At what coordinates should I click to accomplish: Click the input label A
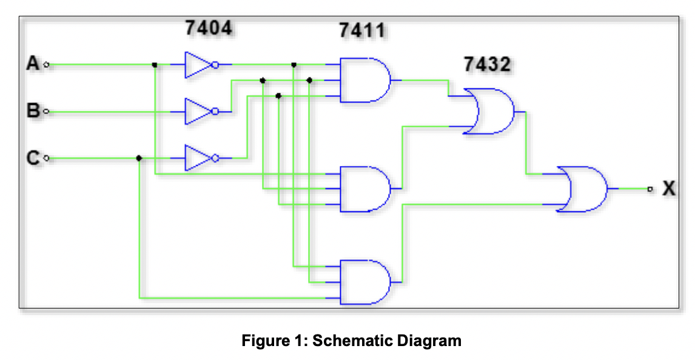[x=33, y=63]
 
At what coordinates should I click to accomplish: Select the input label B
[x=33, y=111]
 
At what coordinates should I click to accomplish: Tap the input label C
[x=33, y=158]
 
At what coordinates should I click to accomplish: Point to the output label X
[x=668, y=189]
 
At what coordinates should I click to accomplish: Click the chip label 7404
[x=208, y=27]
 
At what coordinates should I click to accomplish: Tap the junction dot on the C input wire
[x=139, y=158]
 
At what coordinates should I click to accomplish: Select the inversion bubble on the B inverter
[x=215, y=112]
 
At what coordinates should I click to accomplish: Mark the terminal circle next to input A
[x=47, y=64]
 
